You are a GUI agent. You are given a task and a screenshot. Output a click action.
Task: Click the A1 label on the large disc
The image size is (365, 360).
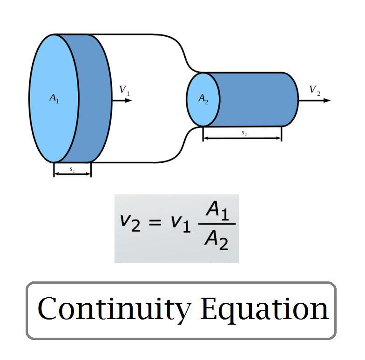coord(54,99)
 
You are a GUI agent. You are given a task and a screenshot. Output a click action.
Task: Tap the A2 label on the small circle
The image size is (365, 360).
coord(203,99)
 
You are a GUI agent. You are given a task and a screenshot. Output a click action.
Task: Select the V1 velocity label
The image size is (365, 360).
coord(124,90)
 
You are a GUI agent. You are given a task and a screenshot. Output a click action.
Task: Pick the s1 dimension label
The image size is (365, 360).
coord(72,169)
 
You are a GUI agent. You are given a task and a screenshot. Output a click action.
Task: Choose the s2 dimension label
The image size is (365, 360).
coord(244,133)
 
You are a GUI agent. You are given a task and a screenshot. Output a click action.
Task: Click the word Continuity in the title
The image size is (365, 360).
coord(115,309)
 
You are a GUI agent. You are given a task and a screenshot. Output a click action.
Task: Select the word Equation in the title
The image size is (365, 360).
coord(265,309)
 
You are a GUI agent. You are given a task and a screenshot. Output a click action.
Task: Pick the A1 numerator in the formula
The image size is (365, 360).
coord(217,212)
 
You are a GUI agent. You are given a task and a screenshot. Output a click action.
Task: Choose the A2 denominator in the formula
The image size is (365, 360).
coord(217,240)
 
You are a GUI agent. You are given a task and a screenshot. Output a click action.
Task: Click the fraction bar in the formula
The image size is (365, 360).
coord(217,225)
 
